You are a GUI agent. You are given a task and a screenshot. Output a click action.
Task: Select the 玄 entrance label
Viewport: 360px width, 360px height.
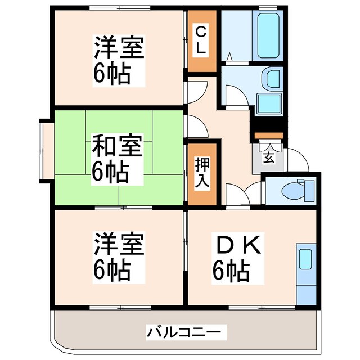pyautogui.click(x=268, y=158)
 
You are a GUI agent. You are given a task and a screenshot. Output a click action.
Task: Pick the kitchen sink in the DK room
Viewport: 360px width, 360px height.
pyautogui.click(x=305, y=259)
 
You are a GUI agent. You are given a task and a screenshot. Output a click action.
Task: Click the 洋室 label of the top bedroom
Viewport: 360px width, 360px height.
pyautogui.click(x=119, y=47)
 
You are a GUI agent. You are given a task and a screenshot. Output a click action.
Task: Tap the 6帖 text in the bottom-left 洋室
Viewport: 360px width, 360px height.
pyautogui.click(x=112, y=272)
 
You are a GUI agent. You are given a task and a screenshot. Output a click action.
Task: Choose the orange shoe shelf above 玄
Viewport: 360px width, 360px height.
pyautogui.click(x=268, y=136)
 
